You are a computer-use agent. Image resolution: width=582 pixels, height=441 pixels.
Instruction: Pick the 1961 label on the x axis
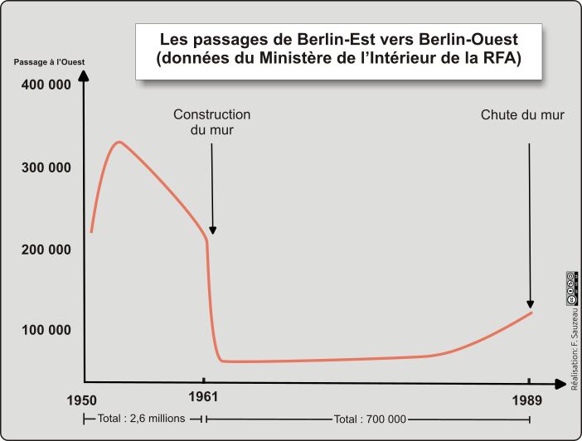(x=204, y=396)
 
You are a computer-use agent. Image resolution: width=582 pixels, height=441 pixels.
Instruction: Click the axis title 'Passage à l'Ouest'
(x=49, y=63)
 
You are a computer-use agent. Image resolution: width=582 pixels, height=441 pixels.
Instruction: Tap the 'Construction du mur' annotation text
(x=211, y=123)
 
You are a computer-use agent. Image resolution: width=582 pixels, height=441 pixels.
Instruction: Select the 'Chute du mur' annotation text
(x=522, y=115)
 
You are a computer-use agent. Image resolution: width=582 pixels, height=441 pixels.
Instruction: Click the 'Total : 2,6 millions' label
(x=141, y=419)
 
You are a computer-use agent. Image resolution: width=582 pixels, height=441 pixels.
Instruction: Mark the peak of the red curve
(x=119, y=142)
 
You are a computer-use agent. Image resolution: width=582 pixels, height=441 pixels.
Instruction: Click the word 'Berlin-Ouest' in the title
(x=468, y=40)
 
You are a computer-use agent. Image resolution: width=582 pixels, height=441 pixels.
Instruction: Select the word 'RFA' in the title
(x=502, y=59)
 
